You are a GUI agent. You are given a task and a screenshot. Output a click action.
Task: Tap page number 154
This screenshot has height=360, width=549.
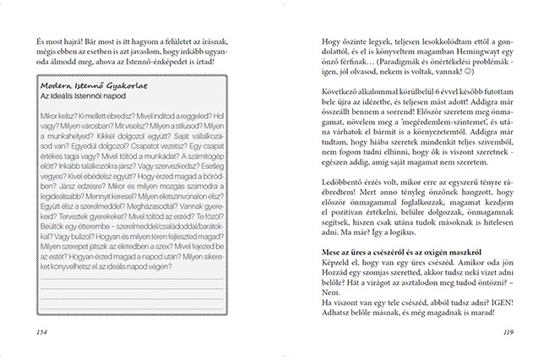(x=35, y=331)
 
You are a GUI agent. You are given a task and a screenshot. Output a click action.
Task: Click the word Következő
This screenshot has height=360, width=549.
(x=337, y=96)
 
